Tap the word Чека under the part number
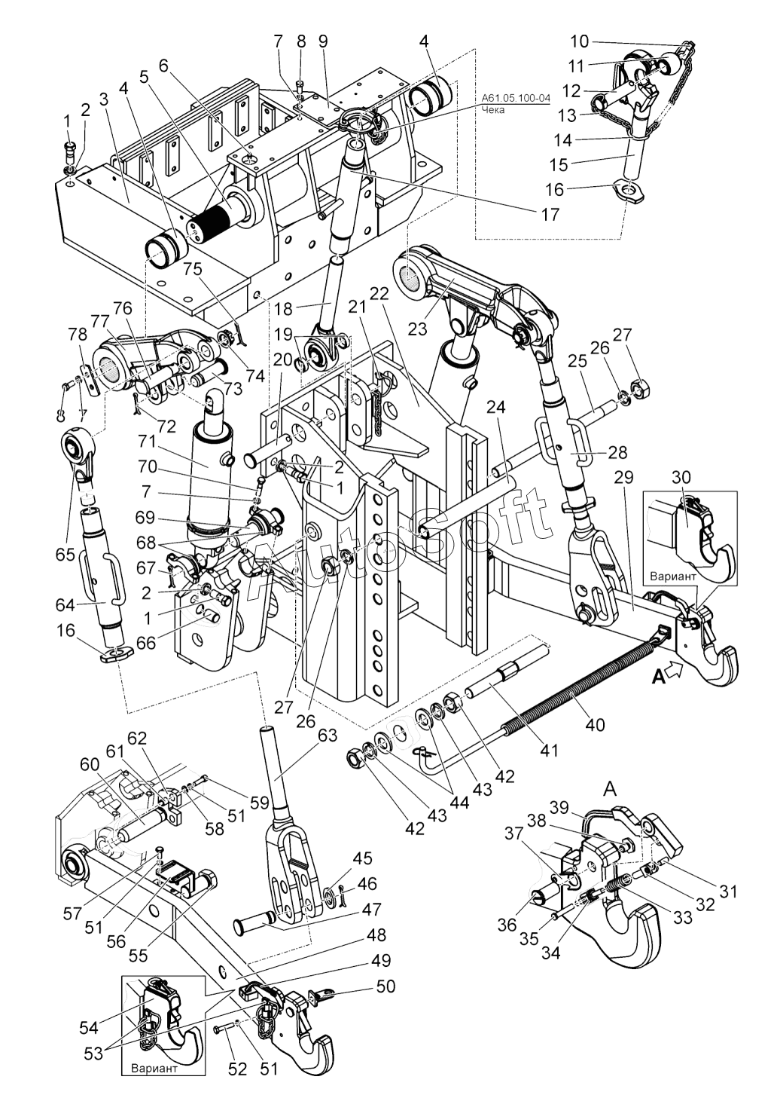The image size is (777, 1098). pyautogui.click(x=493, y=110)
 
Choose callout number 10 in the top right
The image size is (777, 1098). pyautogui.click(x=580, y=41)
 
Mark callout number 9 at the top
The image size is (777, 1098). pyautogui.click(x=323, y=42)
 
